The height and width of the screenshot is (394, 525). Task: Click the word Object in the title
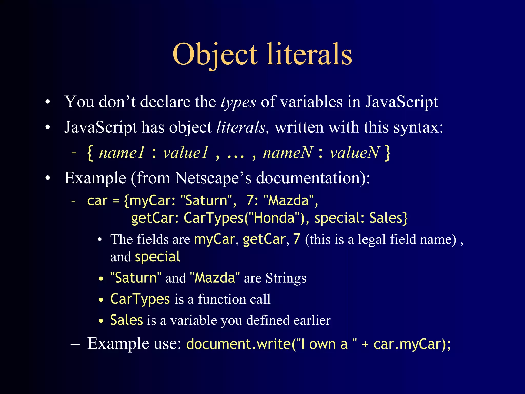[x=215, y=54]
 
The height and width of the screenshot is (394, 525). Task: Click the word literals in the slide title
[x=309, y=54]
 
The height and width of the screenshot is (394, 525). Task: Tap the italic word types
[x=238, y=102]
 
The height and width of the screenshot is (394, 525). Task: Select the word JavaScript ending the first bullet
[x=401, y=102]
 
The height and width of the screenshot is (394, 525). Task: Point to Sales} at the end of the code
[x=388, y=218]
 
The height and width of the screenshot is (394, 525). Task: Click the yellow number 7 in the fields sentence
[x=297, y=239]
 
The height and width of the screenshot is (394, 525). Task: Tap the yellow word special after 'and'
[x=157, y=257]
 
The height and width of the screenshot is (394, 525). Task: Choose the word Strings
[x=286, y=278]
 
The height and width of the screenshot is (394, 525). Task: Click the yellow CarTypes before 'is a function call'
[x=140, y=299]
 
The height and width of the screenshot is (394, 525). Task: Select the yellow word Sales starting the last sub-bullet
[x=126, y=320]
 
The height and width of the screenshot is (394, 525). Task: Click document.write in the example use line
[x=238, y=344]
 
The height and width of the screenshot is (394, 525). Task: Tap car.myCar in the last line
[x=408, y=344]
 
